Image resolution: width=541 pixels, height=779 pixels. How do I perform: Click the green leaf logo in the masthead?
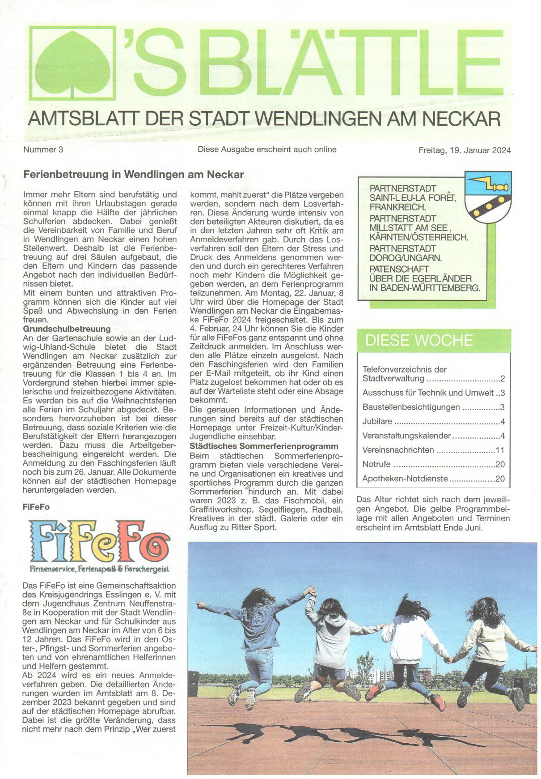pyautogui.click(x=72, y=63)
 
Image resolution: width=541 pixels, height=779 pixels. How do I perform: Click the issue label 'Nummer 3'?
pyautogui.click(x=43, y=150)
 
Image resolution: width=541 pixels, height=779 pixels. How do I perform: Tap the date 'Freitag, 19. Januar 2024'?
pyautogui.click(x=464, y=150)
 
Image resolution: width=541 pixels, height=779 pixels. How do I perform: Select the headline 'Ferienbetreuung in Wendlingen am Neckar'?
pyautogui.click(x=133, y=175)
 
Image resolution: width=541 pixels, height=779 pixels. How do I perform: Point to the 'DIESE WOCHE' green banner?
pyautogui.click(x=433, y=340)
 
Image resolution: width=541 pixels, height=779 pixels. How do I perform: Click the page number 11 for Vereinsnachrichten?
pyautogui.click(x=499, y=450)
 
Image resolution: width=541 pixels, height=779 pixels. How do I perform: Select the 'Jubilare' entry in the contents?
pyautogui.click(x=377, y=421)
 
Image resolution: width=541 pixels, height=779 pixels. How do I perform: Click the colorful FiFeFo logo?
pyautogui.click(x=99, y=542)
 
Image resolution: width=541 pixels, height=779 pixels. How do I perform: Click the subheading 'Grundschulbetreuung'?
pyautogui.click(x=67, y=329)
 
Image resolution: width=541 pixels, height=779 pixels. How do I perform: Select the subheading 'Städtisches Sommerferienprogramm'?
pyautogui.click(x=264, y=446)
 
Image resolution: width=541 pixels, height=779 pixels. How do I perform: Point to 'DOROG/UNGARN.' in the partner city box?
pyautogui.click(x=405, y=258)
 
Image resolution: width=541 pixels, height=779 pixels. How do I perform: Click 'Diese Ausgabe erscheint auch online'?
pyautogui.click(x=267, y=150)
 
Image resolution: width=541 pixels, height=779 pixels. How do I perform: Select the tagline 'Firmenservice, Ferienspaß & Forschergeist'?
pyautogui.click(x=99, y=569)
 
